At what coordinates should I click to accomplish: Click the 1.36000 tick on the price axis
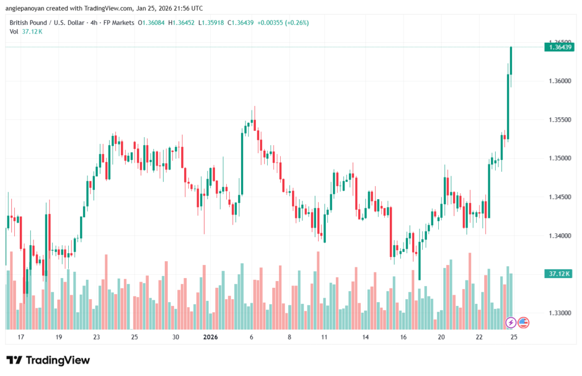coord(560,81)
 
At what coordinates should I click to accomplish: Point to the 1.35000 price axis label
coord(560,158)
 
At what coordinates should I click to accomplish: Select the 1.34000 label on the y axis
coord(560,235)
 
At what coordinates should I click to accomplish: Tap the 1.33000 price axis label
coord(560,313)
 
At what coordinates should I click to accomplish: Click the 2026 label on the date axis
coord(210,337)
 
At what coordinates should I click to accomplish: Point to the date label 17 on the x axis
coord(21,337)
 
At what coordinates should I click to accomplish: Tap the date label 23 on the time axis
coord(97,337)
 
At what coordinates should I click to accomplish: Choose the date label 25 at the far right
coord(514,337)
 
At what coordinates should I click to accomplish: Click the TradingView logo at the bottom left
coord(48,360)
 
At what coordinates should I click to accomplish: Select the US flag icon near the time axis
coord(523,323)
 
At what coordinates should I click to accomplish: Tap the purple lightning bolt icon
coord(511,323)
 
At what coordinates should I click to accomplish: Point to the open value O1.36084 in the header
coord(153,22)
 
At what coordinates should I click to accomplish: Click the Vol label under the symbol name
coord(14,31)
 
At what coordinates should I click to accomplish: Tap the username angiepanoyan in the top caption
coord(26,9)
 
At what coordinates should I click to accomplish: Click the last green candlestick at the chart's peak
coord(512,61)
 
